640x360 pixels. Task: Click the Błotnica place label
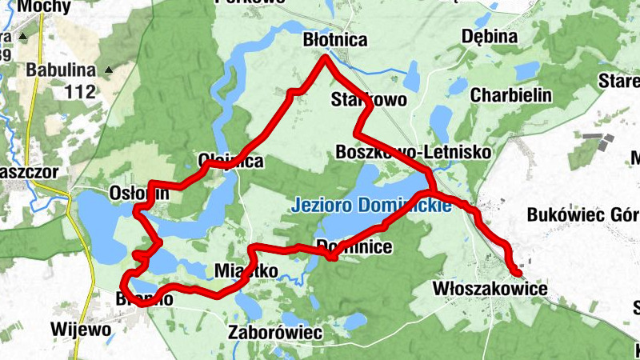335,39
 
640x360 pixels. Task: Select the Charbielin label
511,94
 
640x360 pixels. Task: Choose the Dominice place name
354,246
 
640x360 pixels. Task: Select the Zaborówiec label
274,331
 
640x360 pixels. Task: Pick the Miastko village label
246,271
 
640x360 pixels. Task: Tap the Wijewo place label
79,328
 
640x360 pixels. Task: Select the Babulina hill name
61,70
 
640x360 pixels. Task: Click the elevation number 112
80,91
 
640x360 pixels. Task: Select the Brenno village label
145,298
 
